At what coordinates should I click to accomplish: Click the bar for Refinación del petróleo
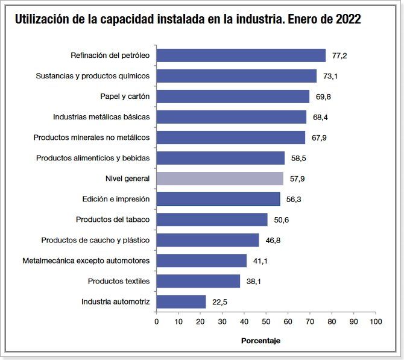pyautogui.click(x=241, y=55)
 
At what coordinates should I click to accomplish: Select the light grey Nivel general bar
pyautogui.click(x=219, y=178)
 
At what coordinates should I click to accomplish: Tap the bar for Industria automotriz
pyautogui.click(x=181, y=302)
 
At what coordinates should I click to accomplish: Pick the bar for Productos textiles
pyautogui.click(x=198, y=281)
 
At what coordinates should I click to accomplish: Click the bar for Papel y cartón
pyautogui.click(x=233, y=96)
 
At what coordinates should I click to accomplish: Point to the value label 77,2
pyautogui.click(x=339, y=56)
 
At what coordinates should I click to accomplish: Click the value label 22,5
pyautogui.click(x=219, y=302)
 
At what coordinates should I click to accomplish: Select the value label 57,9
pyautogui.click(x=297, y=179)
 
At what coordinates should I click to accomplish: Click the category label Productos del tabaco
pyautogui.click(x=113, y=219)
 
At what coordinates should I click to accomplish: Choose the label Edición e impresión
pyautogui.click(x=116, y=199)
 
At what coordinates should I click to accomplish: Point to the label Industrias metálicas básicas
pyautogui.click(x=101, y=117)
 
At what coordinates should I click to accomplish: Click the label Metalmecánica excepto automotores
pyautogui.click(x=86, y=261)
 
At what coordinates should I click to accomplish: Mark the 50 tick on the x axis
pyautogui.click(x=266, y=321)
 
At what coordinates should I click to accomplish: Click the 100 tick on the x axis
pyautogui.click(x=376, y=321)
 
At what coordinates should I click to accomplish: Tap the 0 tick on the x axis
pyautogui.click(x=157, y=321)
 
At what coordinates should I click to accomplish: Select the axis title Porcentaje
pyautogui.click(x=261, y=341)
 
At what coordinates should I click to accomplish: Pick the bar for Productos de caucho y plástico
pyautogui.click(x=207, y=240)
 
